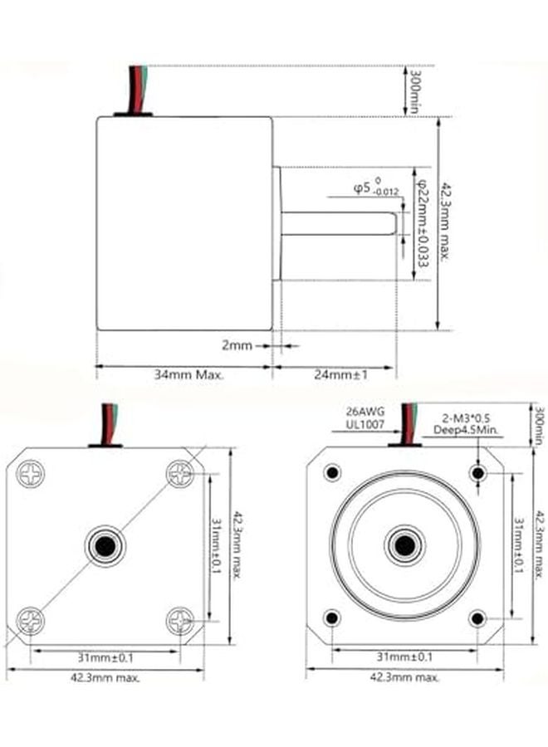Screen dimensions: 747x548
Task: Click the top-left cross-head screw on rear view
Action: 31,474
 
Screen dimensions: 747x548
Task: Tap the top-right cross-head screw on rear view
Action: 180,474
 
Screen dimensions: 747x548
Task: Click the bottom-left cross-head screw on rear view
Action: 31,620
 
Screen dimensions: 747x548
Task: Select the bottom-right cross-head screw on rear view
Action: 180,620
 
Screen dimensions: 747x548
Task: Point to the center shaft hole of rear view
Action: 105,546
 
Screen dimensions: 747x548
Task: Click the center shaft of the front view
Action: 404,546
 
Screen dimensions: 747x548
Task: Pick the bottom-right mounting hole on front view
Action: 477,618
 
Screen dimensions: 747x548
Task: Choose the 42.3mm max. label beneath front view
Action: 404,677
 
